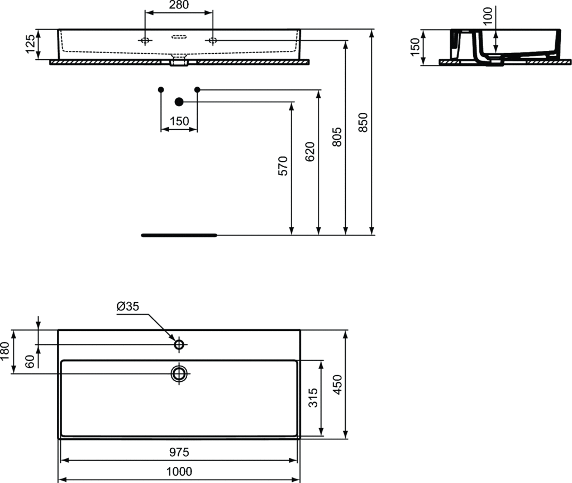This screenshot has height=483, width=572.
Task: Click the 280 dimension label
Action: pyautogui.click(x=179, y=4)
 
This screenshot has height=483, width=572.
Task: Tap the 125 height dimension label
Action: pyautogui.click(x=31, y=44)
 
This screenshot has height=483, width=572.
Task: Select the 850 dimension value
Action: pyautogui.click(x=363, y=122)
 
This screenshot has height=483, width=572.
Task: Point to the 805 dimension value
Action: pyautogui.click(x=337, y=137)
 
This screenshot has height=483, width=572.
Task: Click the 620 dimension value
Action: pyautogui.click(x=309, y=151)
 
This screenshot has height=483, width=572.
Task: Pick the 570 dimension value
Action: pyautogui.click(x=283, y=165)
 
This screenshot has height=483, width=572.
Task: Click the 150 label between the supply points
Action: pyautogui.click(x=179, y=121)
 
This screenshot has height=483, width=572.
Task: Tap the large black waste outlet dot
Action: pyautogui.click(x=179, y=102)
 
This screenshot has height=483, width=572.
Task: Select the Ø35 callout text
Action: pyautogui.click(x=128, y=306)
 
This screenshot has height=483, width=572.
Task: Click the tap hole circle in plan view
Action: pyautogui.click(x=179, y=344)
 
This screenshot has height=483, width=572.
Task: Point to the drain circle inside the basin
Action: pyautogui.click(x=179, y=373)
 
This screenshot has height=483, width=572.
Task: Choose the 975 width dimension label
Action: pyautogui.click(x=179, y=452)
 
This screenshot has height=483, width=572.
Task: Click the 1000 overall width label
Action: pyautogui.click(x=179, y=471)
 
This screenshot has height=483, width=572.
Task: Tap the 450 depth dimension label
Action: pyautogui.click(x=337, y=385)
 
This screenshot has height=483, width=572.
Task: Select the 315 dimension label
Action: pyautogui.click(x=313, y=397)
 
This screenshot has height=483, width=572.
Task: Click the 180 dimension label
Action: pyautogui.click(x=4, y=351)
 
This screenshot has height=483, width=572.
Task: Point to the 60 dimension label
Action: pyautogui.click(x=31, y=361)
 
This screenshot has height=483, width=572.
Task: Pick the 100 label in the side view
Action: pyautogui.click(x=487, y=15)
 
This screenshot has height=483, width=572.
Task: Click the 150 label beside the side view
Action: pyautogui.click(x=415, y=47)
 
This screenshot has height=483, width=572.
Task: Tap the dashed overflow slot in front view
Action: pyautogui.click(x=179, y=36)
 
